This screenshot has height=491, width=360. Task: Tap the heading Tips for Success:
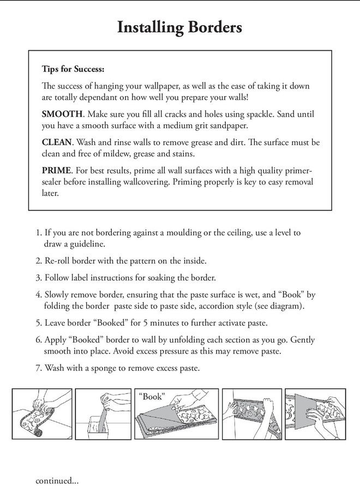tap(73, 69)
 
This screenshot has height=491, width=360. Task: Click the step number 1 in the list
tap(38, 232)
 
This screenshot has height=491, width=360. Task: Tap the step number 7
tap(38, 368)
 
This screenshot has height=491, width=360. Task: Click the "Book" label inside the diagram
tap(152, 397)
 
